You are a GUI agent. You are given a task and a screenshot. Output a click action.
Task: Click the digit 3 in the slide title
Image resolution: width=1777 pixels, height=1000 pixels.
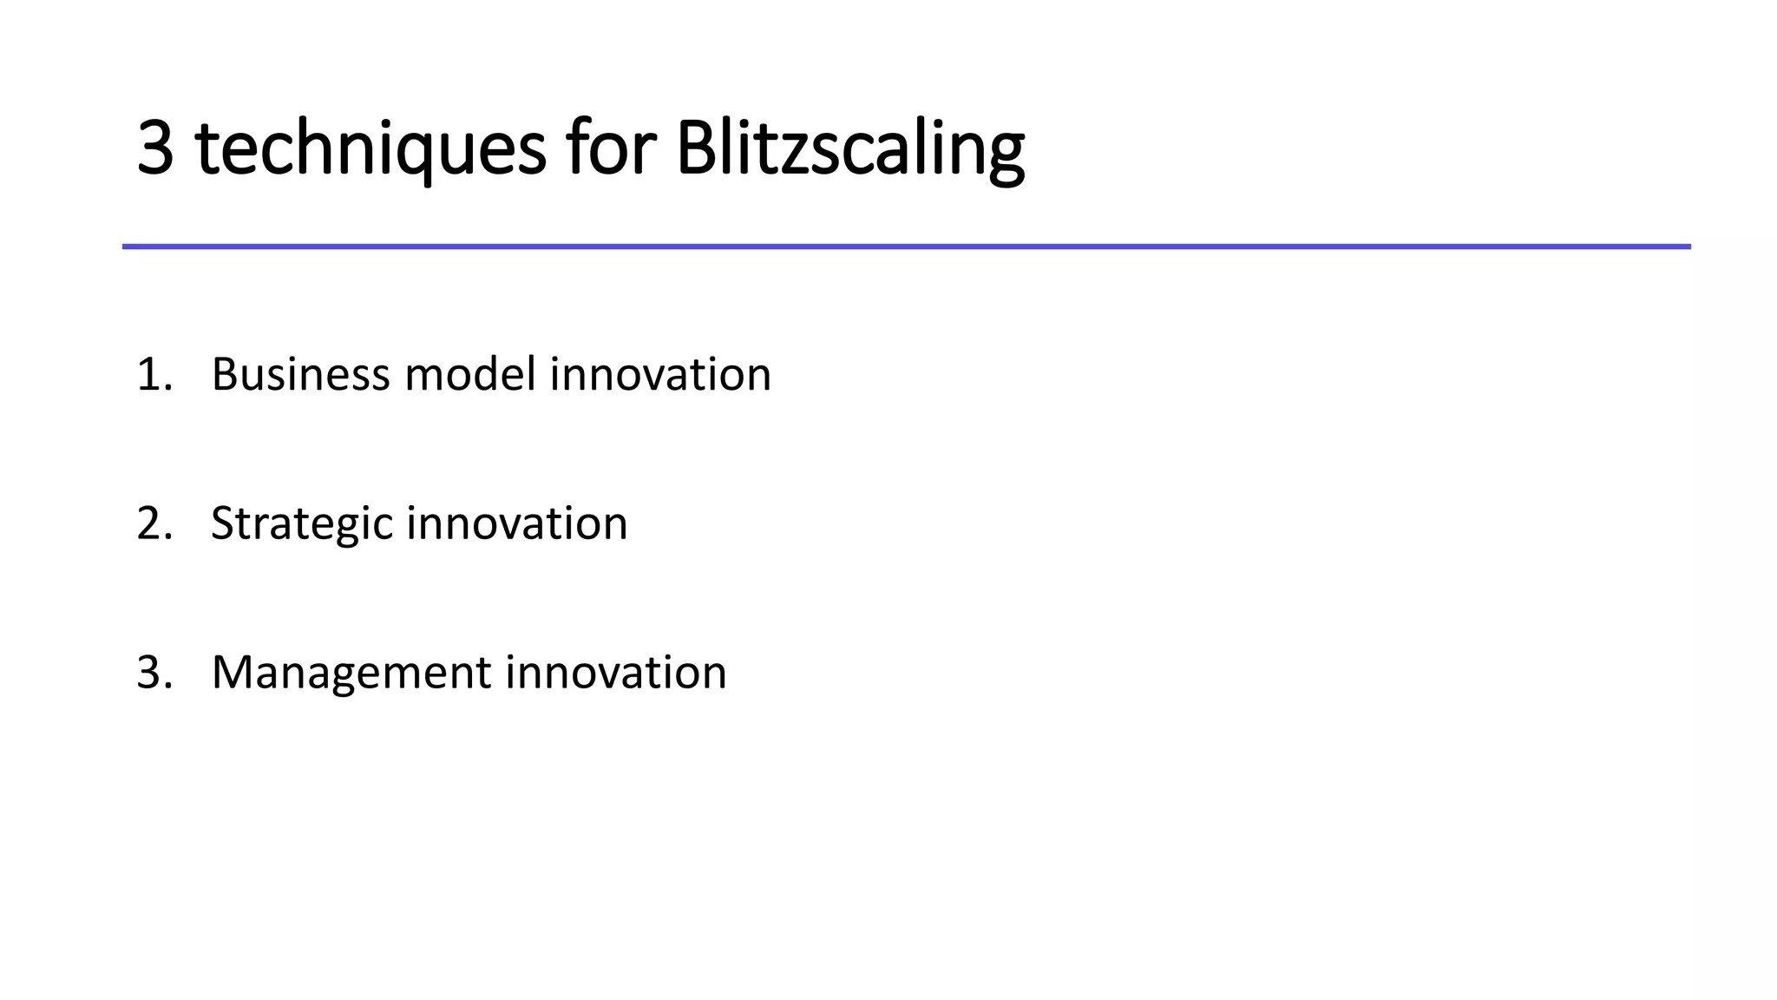click(x=155, y=148)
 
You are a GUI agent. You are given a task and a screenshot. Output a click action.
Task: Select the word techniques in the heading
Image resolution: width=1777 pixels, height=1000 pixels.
click(x=370, y=148)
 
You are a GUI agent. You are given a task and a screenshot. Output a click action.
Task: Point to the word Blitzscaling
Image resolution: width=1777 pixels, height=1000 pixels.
click(x=849, y=148)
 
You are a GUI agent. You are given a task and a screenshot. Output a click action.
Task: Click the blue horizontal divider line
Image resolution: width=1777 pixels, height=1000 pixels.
click(x=906, y=247)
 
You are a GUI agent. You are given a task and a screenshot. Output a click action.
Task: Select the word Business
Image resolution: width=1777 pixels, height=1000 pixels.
click(x=300, y=375)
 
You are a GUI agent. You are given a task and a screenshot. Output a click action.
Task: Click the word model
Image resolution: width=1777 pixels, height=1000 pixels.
click(x=469, y=375)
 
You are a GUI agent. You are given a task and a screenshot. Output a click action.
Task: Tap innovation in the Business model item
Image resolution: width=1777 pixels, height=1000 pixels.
click(x=660, y=375)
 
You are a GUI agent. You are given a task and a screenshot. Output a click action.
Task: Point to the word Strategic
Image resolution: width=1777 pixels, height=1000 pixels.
click(x=302, y=524)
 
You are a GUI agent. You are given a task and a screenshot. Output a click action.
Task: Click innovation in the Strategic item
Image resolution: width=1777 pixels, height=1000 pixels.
click(x=516, y=524)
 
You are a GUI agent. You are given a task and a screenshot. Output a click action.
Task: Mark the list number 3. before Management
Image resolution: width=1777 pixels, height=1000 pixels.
click(x=154, y=674)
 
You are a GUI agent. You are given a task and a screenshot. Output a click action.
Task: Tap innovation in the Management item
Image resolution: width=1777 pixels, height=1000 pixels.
click(x=616, y=674)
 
